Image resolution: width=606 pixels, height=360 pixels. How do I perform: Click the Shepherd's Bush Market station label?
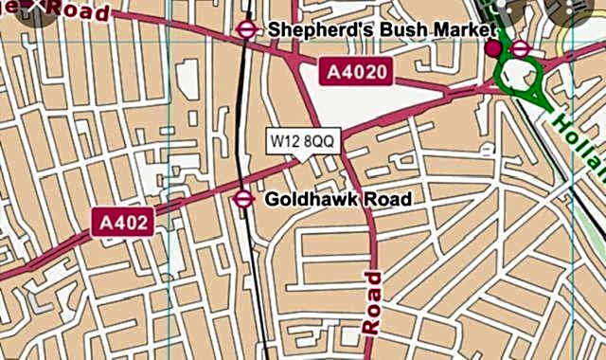pos(380,29)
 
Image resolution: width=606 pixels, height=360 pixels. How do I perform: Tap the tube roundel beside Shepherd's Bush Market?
pos(247,29)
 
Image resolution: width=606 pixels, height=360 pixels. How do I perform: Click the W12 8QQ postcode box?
pos(301,141)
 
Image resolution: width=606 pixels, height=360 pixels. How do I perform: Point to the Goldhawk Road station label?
pos(337,199)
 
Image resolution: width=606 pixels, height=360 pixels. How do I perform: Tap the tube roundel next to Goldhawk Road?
pos(242,198)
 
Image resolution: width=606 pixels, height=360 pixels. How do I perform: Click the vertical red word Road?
pos(372,302)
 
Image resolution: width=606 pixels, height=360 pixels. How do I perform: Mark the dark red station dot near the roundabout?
pos(492,49)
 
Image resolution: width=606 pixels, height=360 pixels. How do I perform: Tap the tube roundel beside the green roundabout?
pos(520,49)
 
